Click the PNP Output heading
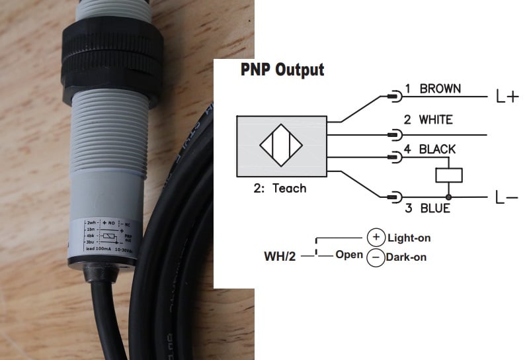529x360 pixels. [282, 69]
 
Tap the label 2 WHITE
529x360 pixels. [428, 120]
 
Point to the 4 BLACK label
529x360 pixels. [429, 149]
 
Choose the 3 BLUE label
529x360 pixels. [427, 208]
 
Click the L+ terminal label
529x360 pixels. [507, 97]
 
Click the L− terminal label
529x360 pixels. [507, 197]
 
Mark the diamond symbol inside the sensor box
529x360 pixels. [281, 146]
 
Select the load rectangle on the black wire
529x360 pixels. [448, 175]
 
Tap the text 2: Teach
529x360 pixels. [280, 189]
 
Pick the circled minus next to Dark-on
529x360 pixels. [376, 257]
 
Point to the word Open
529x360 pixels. [348, 254]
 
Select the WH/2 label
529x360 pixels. [280, 255]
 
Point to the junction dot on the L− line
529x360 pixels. [448, 197]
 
